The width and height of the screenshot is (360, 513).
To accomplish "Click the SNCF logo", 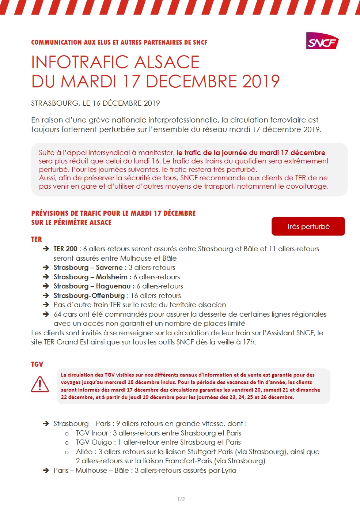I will click(x=322, y=41).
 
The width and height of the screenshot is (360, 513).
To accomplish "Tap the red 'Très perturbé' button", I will click(x=308, y=226).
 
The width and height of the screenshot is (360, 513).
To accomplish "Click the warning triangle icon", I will click(x=40, y=384).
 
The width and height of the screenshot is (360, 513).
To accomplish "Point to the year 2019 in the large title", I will click(x=261, y=81).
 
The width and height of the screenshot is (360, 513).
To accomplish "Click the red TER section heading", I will click(x=37, y=239).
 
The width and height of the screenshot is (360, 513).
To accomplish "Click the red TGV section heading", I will click(x=37, y=364).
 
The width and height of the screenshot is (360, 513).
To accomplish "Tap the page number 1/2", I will click(x=181, y=499).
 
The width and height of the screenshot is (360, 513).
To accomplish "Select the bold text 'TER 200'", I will click(x=65, y=249).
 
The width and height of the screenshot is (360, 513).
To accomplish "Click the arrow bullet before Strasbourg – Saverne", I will click(x=46, y=268).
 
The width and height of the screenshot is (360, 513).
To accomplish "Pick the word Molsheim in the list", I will click(x=111, y=277).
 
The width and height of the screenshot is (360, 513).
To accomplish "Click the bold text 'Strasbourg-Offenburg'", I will click(x=89, y=296).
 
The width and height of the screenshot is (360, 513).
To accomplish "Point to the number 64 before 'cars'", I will click(x=57, y=314).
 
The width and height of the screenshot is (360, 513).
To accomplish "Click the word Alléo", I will click(x=84, y=452).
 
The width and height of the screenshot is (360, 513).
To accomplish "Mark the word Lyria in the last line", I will click(x=229, y=471).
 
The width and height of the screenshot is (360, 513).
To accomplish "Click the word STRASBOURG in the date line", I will click(x=54, y=103).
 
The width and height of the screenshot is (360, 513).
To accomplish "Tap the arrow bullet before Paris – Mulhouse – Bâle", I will click(x=46, y=471).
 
